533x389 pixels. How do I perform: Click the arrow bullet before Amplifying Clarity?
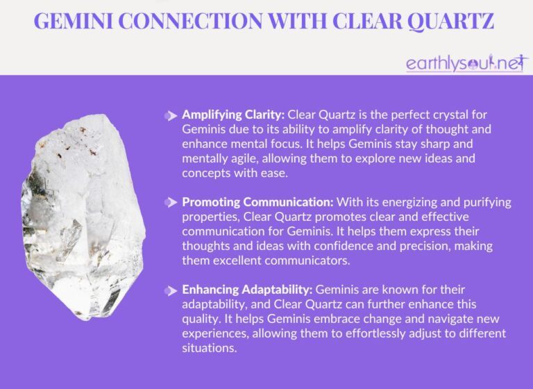click(x=171, y=115)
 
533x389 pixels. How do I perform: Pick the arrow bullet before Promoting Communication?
click(x=171, y=202)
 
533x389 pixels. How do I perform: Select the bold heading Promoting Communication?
click(x=257, y=202)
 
